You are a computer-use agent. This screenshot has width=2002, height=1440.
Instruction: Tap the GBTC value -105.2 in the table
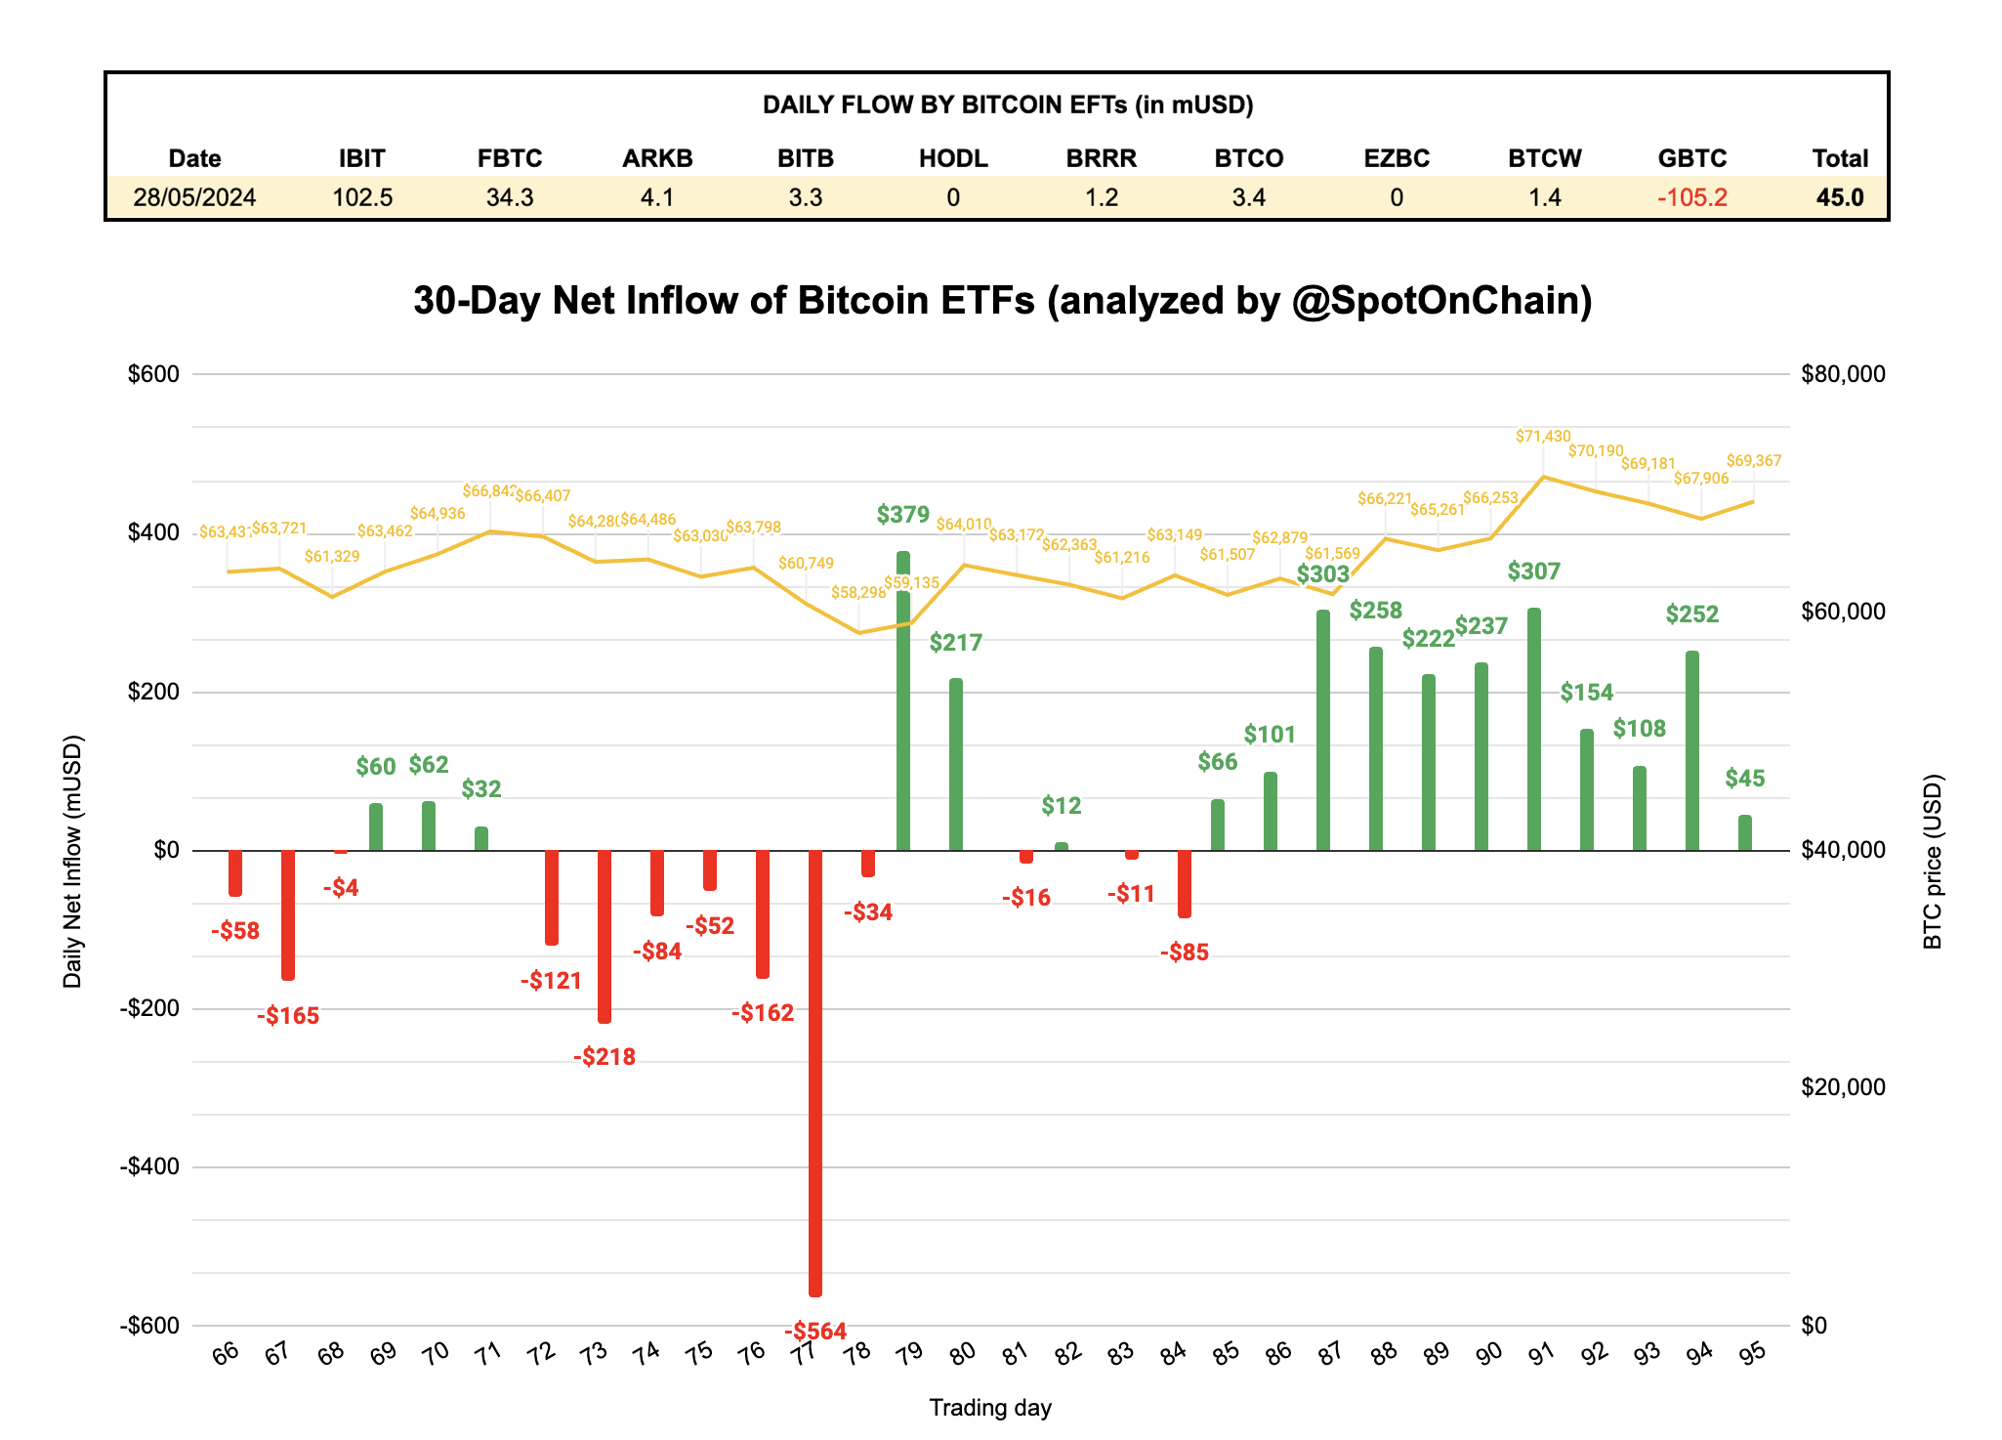1691,197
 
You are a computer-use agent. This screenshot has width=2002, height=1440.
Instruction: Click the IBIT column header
361,158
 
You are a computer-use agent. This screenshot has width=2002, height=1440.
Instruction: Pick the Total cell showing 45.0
1839,197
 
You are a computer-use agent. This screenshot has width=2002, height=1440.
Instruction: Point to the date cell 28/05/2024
194,197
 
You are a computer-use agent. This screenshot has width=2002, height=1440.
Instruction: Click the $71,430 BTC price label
1543,437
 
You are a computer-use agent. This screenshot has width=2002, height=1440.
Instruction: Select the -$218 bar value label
605,1056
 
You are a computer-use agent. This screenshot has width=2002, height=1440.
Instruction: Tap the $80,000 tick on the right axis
1843,374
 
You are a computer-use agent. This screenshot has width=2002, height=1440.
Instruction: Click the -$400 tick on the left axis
150,1166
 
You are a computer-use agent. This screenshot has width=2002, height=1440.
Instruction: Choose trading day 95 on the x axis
1753,1353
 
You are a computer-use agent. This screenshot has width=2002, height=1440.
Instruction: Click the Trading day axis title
990,1408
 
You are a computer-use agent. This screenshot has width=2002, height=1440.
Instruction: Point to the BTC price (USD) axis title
1933,862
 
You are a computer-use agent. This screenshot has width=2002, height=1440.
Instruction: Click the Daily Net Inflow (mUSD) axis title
72,862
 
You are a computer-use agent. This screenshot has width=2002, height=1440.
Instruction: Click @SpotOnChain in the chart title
1441,300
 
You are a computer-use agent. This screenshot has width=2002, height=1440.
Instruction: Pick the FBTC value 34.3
510,197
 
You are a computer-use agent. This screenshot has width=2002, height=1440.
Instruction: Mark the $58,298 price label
858,593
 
